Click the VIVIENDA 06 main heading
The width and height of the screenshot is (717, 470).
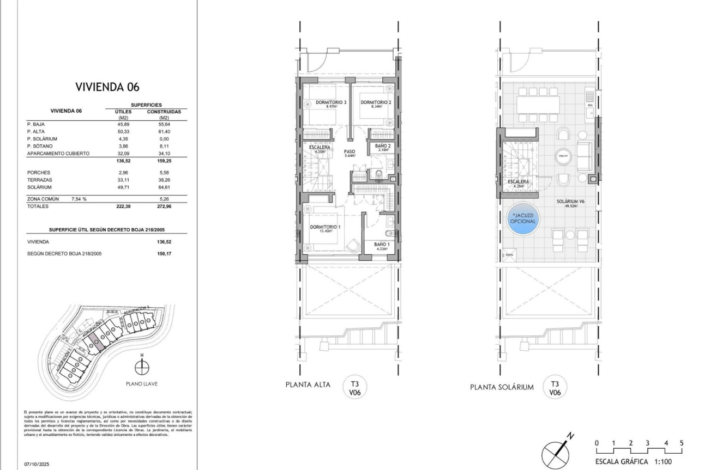pos(107,87)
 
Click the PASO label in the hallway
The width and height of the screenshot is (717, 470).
pos(350,152)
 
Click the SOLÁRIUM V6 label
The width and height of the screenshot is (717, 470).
pos(570,201)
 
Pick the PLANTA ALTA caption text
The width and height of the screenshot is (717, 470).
pos(308,385)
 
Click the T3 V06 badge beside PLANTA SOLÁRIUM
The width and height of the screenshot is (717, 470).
pos(555,387)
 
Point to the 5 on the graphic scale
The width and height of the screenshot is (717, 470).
pos(682,443)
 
